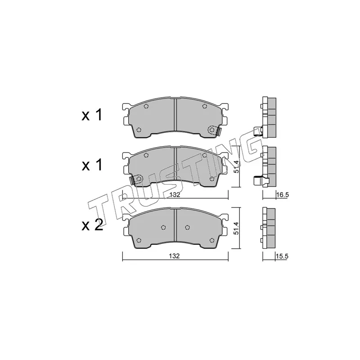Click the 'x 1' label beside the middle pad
coord(92,165)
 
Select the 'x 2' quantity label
coord(92,225)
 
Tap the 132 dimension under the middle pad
coord(175,195)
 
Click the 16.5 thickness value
coord(282,195)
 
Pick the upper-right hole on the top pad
coord(204,107)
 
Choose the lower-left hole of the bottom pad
coord(139,239)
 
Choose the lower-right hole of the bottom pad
coord(211,239)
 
